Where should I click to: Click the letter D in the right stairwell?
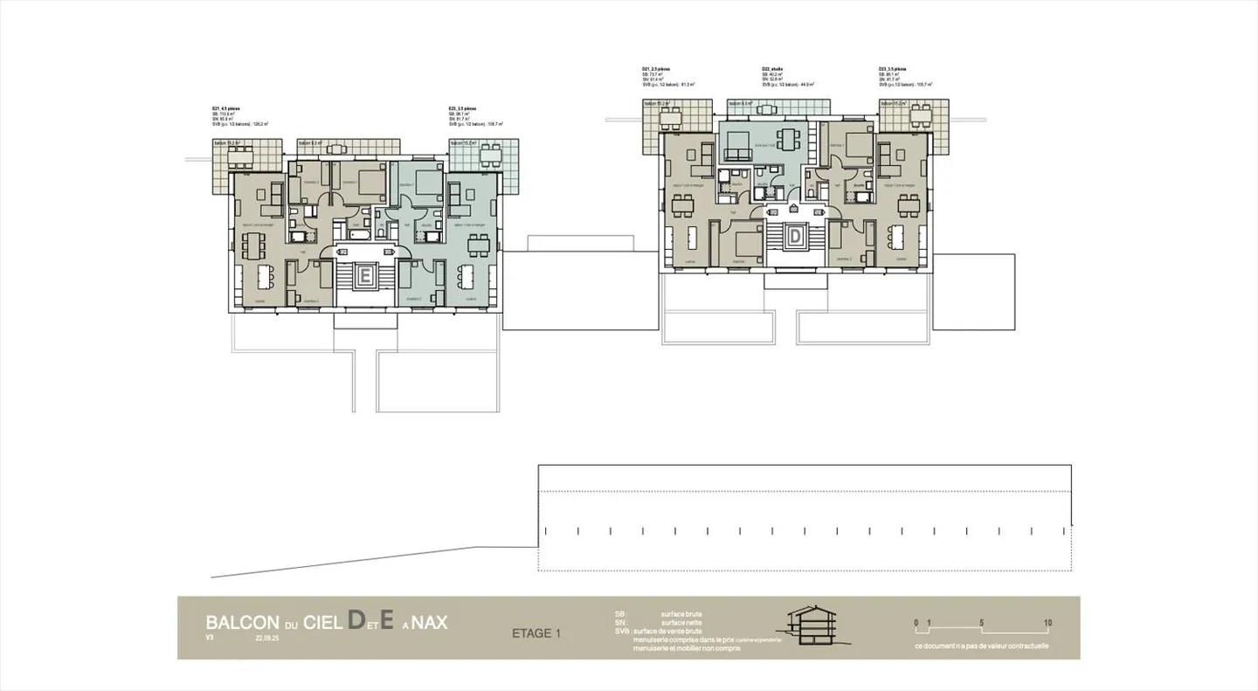click(x=796, y=235)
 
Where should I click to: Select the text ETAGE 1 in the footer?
click(x=536, y=633)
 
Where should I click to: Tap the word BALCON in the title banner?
click(x=241, y=623)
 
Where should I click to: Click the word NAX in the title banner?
click(x=429, y=623)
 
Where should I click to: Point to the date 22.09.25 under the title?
click(x=268, y=639)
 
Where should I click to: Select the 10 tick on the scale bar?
click(x=1047, y=623)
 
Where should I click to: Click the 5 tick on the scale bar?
click(x=982, y=623)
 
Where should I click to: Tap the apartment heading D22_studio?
click(x=772, y=68)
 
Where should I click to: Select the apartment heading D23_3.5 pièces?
click(x=893, y=68)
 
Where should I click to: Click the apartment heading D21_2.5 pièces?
click(x=657, y=68)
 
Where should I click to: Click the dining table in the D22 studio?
click(x=789, y=138)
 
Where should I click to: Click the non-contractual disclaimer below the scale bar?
click(x=982, y=646)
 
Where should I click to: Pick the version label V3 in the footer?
click(x=210, y=639)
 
